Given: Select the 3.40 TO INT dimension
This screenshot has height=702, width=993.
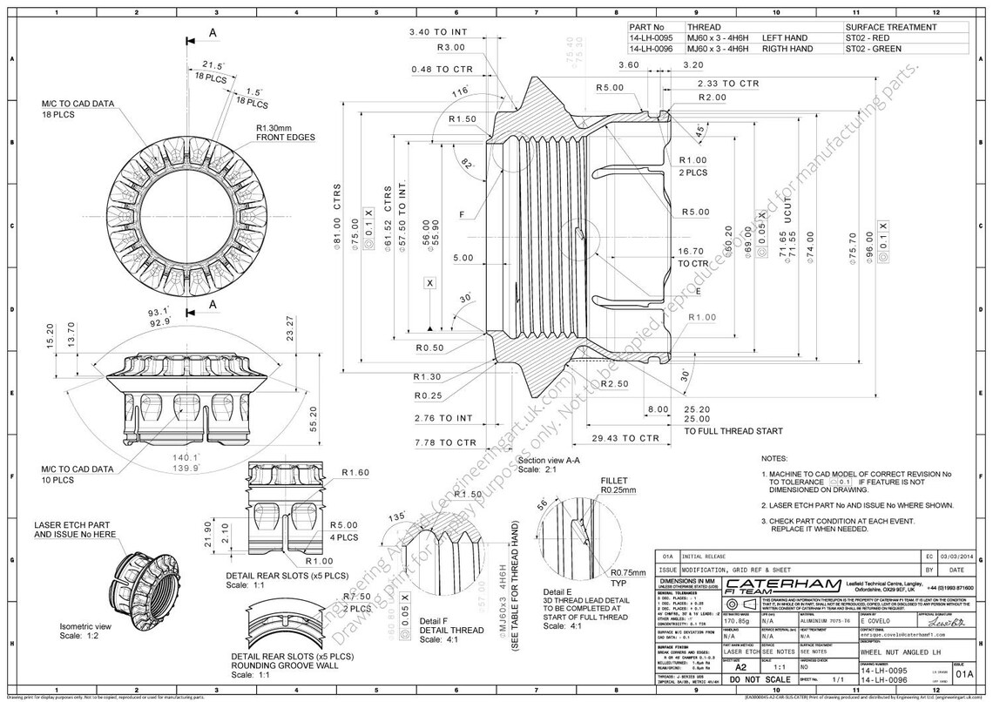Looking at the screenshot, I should pos(438,32).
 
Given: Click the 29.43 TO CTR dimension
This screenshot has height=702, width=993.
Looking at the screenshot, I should pos(625,438).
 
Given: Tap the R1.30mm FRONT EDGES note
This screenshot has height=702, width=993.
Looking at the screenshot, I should pos(285,132).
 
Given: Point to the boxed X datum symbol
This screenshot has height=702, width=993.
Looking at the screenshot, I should pos(429,283).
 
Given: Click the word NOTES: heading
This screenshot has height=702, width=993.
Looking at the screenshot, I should pos(774,458).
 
